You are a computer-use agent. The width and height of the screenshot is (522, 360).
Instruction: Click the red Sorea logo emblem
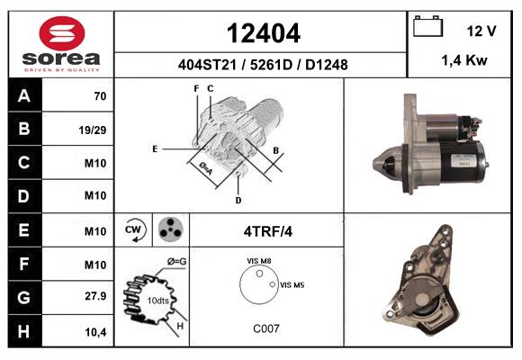[62, 33]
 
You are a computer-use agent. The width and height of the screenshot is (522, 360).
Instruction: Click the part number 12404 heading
[264, 33]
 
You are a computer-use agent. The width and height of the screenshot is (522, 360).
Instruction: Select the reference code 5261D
[271, 65]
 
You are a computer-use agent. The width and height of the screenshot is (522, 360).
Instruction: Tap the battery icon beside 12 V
[427, 26]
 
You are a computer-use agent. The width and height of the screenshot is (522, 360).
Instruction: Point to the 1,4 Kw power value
[464, 60]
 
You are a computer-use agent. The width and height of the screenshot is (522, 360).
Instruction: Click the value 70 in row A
[100, 96]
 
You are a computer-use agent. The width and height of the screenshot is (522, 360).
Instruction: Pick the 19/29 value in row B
[93, 130]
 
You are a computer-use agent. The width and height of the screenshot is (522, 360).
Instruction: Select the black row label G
[24, 297]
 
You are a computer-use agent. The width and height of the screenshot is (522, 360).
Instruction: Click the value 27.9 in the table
[95, 296]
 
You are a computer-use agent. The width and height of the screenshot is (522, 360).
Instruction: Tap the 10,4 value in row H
[95, 332]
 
